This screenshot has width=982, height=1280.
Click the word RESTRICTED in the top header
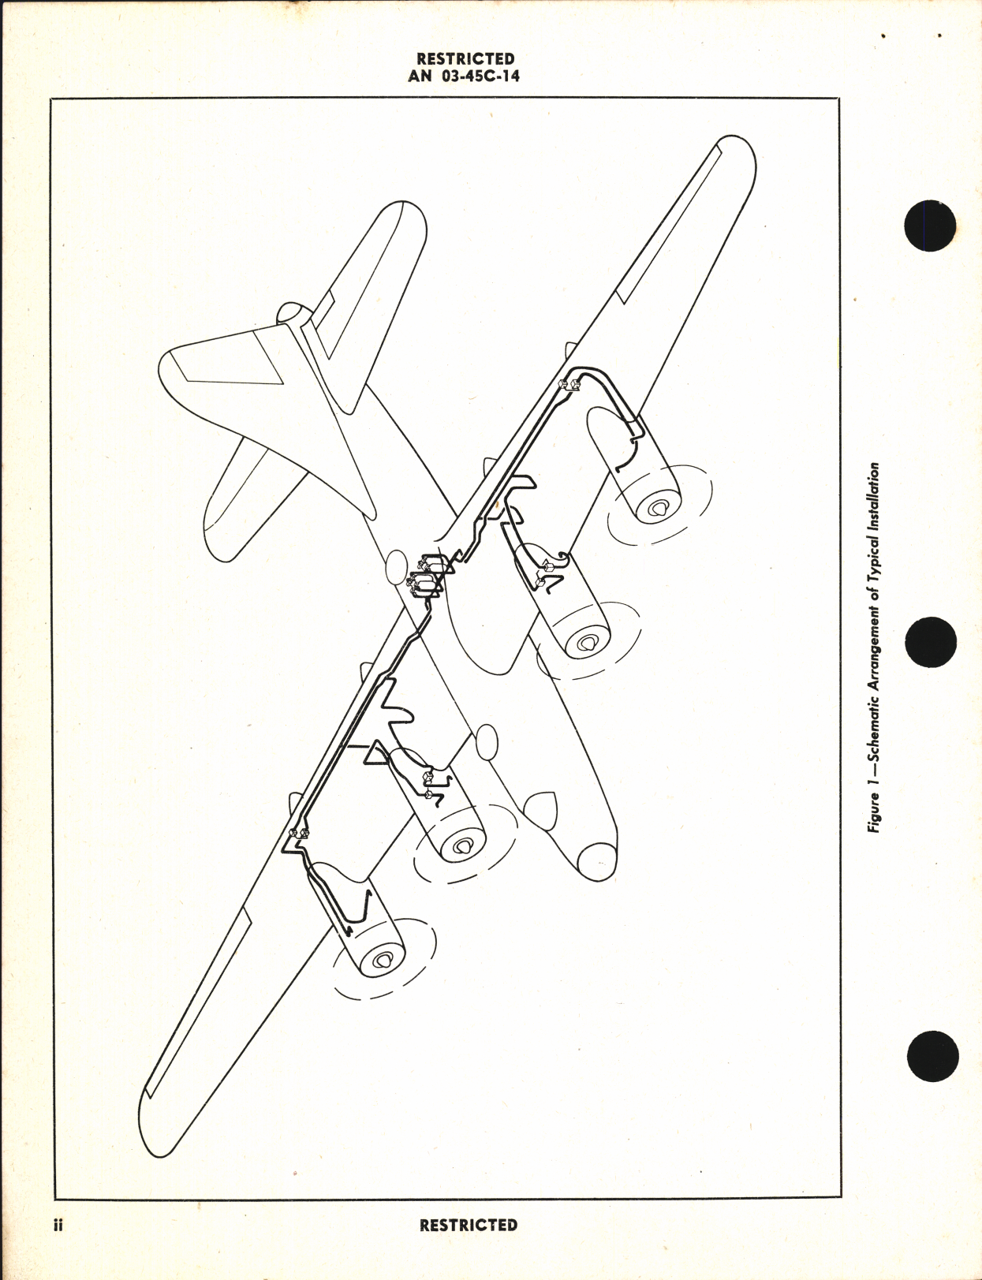tap(465, 58)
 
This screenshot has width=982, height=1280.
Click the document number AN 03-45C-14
tap(465, 77)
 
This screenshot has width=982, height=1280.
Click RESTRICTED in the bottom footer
tap(469, 1225)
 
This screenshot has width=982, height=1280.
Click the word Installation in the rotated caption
tap(874, 498)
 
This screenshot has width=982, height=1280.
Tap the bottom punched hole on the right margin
tap(933, 1057)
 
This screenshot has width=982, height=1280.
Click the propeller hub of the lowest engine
tap(384, 960)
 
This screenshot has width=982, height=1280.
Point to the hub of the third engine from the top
tap(461, 846)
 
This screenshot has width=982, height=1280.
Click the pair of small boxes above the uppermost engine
tap(569, 384)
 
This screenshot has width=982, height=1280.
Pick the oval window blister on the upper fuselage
tap(396, 568)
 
